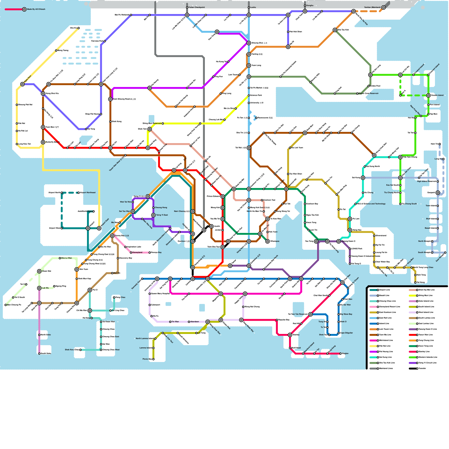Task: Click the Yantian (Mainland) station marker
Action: click(x=383, y=8)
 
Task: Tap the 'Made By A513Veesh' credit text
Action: click(x=36, y=9)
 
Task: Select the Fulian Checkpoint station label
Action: click(x=196, y=7)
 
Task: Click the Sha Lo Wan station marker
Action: click(x=60, y=258)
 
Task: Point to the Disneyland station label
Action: click(x=137, y=253)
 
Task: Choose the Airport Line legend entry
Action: click(x=384, y=290)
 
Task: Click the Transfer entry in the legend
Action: click(x=422, y=368)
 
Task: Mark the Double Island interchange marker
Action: click(x=428, y=95)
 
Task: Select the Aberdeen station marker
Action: click(x=189, y=322)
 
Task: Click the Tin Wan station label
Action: click(x=175, y=322)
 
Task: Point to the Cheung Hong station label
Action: click(x=161, y=208)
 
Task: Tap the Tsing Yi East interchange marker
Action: click(x=153, y=215)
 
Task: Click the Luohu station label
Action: click(x=253, y=7)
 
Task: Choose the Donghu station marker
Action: click(x=305, y=6)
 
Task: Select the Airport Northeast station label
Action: click(x=88, y=193)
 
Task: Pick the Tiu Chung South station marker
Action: click(x=400, y=204)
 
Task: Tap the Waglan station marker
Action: click(x=340, y=354)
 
